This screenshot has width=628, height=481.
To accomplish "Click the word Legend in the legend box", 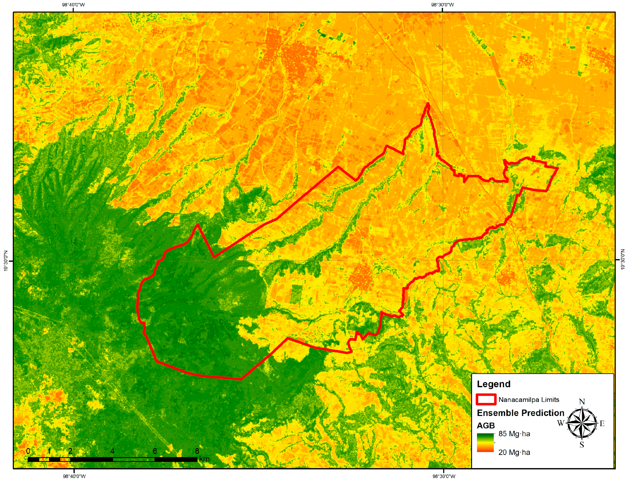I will [x=493, y=384].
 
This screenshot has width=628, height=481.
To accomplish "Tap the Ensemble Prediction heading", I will [x=520, y=413].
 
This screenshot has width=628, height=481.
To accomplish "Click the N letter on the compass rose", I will [x=582, y=402].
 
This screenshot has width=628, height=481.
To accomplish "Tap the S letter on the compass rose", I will [x=582, y=445].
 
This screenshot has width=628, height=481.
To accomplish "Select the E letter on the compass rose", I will [x=602, y=423].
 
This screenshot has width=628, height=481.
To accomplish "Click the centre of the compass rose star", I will [x=582, y=423].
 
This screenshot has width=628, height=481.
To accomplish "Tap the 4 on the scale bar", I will [x=112, y=451].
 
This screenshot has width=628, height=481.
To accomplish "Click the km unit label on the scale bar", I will [x=204, y=459].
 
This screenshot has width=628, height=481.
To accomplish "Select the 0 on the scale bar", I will [x=28, y=451].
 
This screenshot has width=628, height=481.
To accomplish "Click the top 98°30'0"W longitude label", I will [x=443, y=5].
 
